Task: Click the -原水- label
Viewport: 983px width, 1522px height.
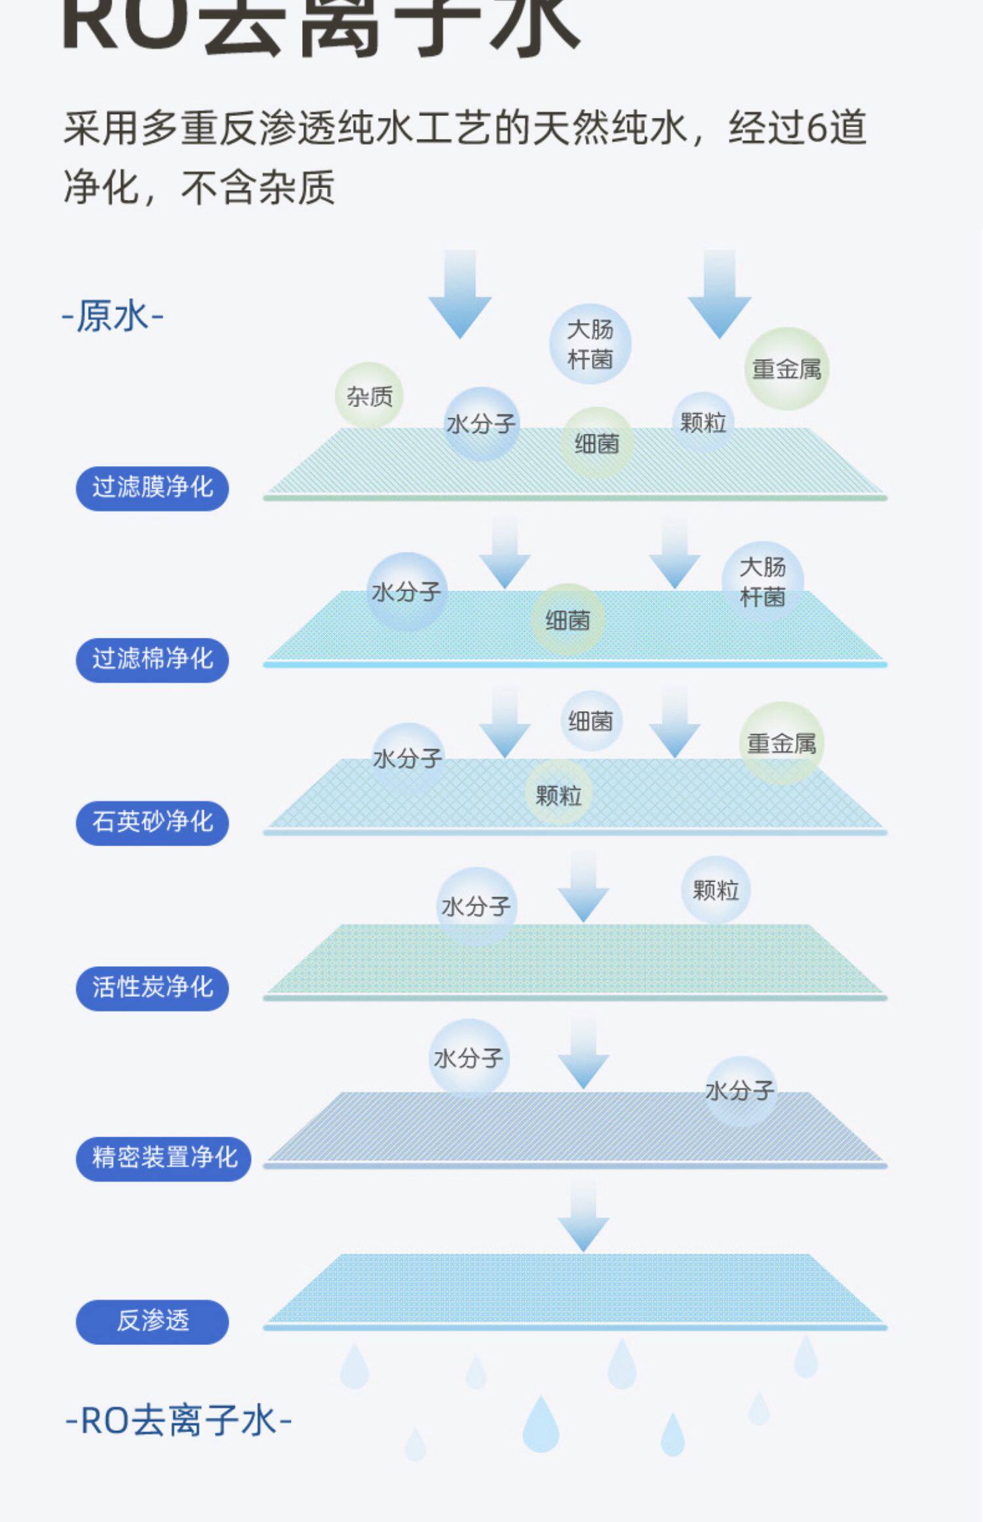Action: [112, 317]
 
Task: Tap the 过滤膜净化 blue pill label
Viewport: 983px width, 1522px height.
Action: [152, 488]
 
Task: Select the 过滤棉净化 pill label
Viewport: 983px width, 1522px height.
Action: [152, 659]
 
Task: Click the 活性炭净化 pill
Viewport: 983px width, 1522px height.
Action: [152, 987]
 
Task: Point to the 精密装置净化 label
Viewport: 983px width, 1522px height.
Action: [164, 1158]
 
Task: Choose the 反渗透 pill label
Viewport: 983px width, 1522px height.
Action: [152, 1321]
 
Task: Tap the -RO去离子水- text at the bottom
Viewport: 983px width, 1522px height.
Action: [178, 1422]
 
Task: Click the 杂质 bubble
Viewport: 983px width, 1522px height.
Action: [369, 396]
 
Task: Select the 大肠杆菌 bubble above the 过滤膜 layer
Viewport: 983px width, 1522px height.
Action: [590, 343]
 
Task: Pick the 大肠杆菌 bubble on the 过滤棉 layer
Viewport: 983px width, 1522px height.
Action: [762, 581]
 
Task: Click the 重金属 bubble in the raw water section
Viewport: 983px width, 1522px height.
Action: [786, 369]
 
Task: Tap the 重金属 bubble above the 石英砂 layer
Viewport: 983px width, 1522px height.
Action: [781, 743]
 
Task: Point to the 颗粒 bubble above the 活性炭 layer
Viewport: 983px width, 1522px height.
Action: [716, 890]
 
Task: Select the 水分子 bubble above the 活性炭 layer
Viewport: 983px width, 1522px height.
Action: [476, 907]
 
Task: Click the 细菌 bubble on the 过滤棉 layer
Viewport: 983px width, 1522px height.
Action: [568, 620]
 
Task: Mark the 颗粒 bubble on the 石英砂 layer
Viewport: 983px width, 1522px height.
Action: [558, 796]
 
